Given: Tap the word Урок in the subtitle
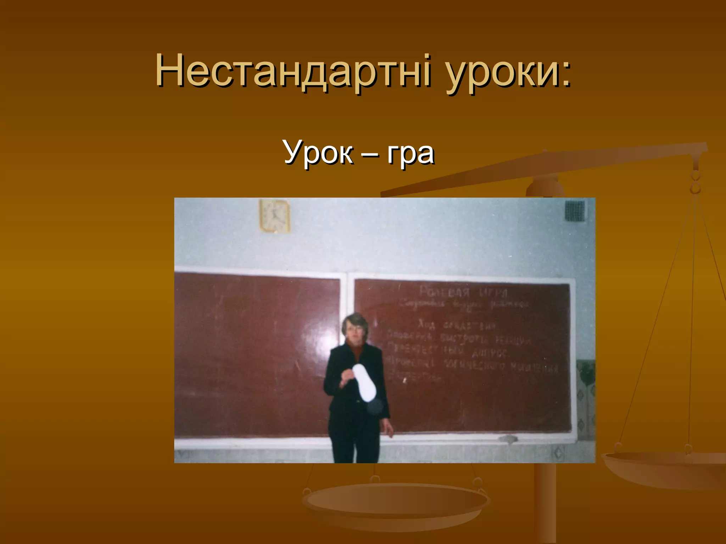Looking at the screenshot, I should [318, 153].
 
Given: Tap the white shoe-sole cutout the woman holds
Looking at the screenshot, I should [364, 383].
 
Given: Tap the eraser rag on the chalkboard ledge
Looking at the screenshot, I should [508, 440].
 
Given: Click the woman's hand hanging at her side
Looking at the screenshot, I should [389, 430].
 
